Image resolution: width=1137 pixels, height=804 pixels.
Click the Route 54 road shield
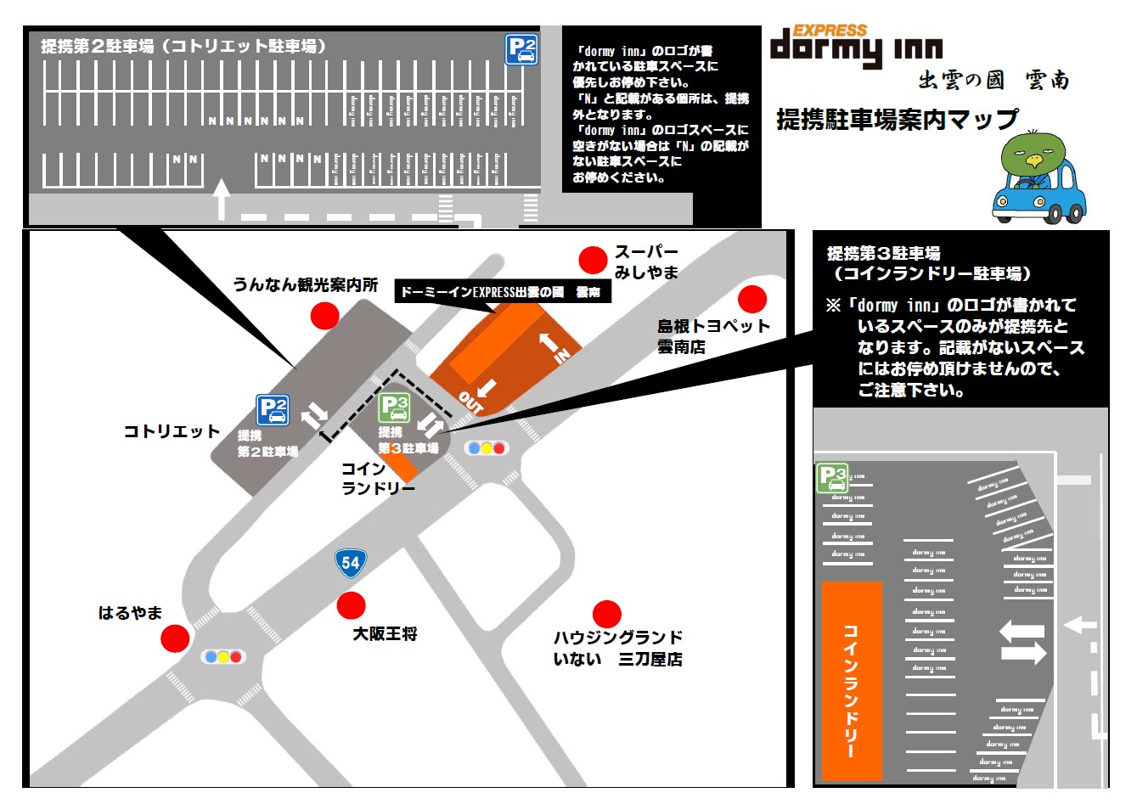(x=351, y=562)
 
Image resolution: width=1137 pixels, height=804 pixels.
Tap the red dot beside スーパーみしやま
(x=593, y=260)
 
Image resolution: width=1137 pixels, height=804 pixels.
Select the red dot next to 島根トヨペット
(x=751, y=299)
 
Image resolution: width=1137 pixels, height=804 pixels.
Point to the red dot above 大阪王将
(x=351, y=605)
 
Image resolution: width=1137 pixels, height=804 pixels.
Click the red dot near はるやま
(x=175, y=638)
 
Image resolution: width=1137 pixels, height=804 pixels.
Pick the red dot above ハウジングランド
(x=606, y=613)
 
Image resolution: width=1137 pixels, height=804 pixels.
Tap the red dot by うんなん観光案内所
(x=324, y=316)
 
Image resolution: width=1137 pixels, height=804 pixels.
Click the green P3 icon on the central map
(x=394, y=408)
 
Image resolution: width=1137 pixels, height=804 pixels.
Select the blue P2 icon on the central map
(x=273, y=410)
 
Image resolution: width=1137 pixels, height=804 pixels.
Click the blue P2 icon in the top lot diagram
(x=521, y=49)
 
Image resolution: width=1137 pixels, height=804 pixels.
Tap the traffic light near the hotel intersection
(x=487, y=447)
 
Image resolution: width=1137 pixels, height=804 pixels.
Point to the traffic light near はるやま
(x=222, y=656)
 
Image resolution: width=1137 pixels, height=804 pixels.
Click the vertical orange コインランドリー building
(x=852, y=680)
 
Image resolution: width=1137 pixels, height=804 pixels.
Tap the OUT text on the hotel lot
(x=470, y=402)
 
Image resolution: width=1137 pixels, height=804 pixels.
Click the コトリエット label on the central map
(x=172, y=431)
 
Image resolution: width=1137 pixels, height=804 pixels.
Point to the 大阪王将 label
(x=385, y=633)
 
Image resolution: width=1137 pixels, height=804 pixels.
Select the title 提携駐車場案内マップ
(x=897, y=120)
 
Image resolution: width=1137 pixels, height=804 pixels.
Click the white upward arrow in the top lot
(x=221, y=200)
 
